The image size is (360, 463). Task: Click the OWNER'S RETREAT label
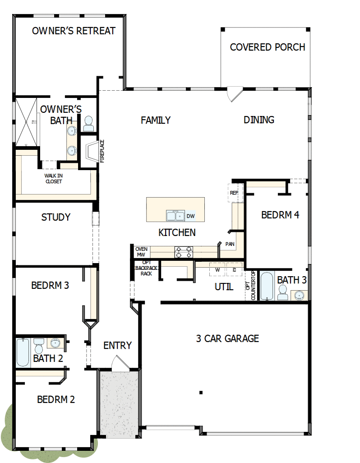[x=74, y=31]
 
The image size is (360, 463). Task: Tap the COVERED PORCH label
[x=268, y=47]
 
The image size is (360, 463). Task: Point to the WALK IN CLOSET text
[x=53, y=179]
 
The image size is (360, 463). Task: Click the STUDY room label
[x=56, y=217]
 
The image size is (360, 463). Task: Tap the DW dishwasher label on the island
[x=190, y=216]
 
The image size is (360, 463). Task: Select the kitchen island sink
[x=175, y=216]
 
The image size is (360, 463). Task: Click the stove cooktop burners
[x=184, y=252]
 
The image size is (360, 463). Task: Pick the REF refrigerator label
[x=234, y=193]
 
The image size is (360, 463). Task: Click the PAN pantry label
[x=230, y=244]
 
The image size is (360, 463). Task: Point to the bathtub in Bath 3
[x=267, y=286]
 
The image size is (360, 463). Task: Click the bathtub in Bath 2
[x=23, y=352]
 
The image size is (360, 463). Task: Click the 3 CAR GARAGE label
[x=227, y=338]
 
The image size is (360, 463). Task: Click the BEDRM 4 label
[x=280, y=215]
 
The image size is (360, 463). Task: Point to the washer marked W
[x=217, y=270]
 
